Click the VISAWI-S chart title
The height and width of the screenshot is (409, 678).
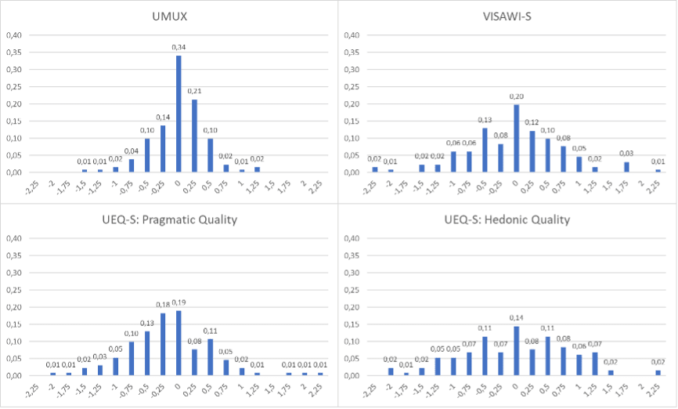[516, 16]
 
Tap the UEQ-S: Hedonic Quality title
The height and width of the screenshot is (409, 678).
[516, 220]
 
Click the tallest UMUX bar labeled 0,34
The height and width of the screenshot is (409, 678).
[179, 114]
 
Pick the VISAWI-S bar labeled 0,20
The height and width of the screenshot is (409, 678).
[516, 138]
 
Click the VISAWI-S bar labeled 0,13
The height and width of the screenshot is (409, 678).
[485, 150]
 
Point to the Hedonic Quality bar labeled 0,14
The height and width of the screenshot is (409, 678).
[516, 351]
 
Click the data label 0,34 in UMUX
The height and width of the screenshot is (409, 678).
[179, 48]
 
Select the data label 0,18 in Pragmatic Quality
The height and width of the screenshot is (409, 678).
[163, 305]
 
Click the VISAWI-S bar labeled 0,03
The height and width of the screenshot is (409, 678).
[626, 167]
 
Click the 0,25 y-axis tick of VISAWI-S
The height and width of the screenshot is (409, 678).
[352, 86]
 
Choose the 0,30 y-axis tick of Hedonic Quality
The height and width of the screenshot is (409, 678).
[352, 273]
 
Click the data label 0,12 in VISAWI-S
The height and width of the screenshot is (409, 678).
[532, 122]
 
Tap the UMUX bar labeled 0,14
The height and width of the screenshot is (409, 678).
[163, 149]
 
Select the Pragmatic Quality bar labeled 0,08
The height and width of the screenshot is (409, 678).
[194, 362]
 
